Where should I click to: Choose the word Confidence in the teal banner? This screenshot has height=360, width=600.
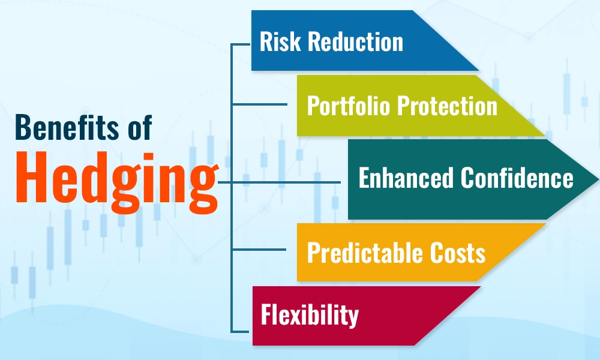pos(517,178)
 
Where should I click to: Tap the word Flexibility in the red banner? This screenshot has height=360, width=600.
pos(309,316)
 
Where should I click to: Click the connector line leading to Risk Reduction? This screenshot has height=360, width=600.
pos(241,44)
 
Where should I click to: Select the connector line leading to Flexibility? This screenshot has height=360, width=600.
pos(241,331)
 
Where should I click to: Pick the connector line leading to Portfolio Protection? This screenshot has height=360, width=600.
pos(264,105)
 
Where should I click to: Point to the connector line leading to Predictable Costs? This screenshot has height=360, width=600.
pos(264,250)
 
